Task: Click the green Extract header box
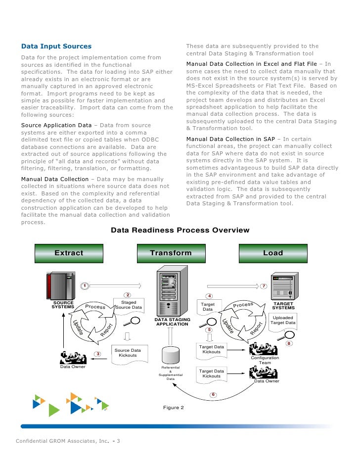click(x=69, y=253)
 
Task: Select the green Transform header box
click(x=171, y=253)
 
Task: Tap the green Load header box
click(x=273, y=253)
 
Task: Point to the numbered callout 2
click(x=127, y=295)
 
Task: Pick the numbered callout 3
click(x=98, y=354)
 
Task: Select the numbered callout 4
click(x=210, y=296)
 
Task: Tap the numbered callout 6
click(x=213, y=394)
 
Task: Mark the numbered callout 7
click(x=264, y=286)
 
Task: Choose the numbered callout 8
click(x=289, y=343)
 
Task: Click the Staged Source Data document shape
click(x=129, y=305)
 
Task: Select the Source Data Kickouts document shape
click(x=128, y=353)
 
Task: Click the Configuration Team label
click(x=265, y=360)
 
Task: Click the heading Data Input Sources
click(x=56, y=47)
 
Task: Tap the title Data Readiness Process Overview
click(x=180, y=231)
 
